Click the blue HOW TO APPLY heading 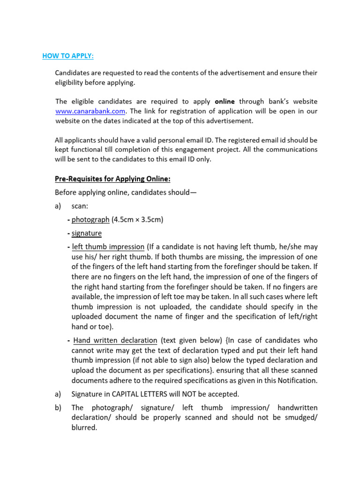(x=68, y=56)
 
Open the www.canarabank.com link (x=90, y=111)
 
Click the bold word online (x=225, y=102)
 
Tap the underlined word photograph (x=90, y=219)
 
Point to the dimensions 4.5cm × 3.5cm (x=137, y=219)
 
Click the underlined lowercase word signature (x=87, y=233)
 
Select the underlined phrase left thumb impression (x=108, y=247)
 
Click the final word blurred (x=84, y=427)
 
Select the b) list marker (x=58, y=407)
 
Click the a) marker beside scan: (x=58, y=206)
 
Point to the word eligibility (x=71, y=82)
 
